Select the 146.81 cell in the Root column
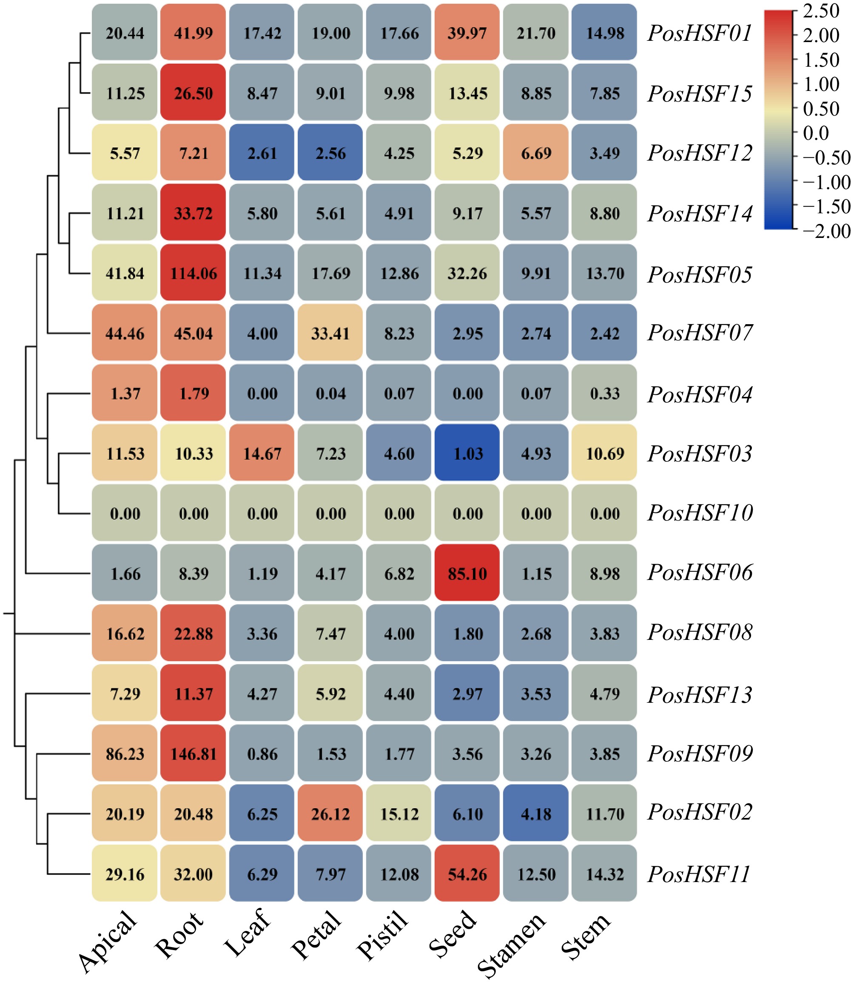tap(193, 754)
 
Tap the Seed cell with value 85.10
tap(467, 574)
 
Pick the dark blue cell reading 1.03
tap(467, 453)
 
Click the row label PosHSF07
tap(700, 333)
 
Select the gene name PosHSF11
tap(699, 874)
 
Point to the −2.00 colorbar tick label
tap(826, 232)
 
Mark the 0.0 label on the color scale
tap(815, 133)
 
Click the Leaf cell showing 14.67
tap(262, 453)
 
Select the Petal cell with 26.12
tap(330, 814)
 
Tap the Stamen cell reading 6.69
tap(536, 153)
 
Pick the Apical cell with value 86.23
tap(125, 754)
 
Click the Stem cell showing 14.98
tap(604, 33)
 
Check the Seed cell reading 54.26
tap(467, 874)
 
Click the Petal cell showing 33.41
tap(330, 333)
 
